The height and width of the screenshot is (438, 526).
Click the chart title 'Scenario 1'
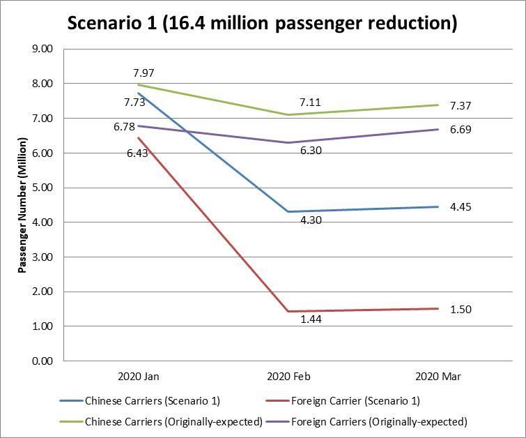tap(261, 23)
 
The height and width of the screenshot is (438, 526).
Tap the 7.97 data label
tap(144, 73)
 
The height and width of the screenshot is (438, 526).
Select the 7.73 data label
tap(134, 103)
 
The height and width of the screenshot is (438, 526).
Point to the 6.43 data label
tap(137, 153)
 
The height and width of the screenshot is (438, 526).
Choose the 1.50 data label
tap(461, 309)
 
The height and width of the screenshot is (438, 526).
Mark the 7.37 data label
tap(461, 105)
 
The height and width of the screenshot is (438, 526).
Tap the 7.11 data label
tap(310, 103)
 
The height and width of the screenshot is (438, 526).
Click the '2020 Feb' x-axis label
tap(289, 377)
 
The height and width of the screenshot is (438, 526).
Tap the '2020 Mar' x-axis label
tap(438, 377)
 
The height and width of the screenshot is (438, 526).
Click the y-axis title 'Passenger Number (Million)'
tap(22, 204)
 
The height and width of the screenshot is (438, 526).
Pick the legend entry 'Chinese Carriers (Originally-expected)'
tap(173, 421)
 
